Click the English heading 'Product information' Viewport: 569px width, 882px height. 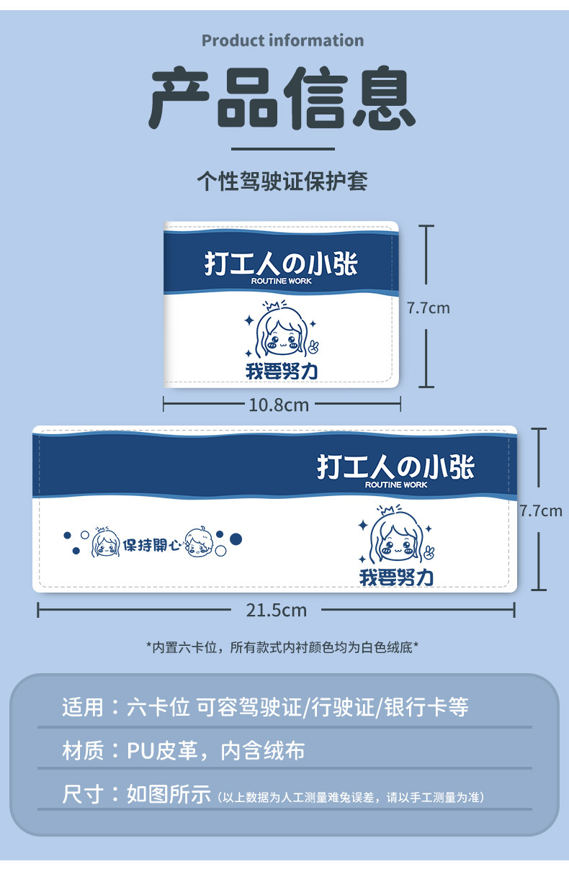283,40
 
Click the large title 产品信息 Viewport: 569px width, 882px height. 282,98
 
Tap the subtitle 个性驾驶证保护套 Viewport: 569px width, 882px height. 282,181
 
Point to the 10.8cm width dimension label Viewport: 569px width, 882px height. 279,405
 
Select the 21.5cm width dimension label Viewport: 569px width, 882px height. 277,611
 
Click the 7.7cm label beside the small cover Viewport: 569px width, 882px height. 428,308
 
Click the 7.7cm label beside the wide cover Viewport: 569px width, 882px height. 541,511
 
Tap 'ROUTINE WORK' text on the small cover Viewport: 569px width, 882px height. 281,281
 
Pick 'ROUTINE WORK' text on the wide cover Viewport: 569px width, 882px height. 395,485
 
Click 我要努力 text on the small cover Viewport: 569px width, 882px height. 282,371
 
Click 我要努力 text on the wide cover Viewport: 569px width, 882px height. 396,577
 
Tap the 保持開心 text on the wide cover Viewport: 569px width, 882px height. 151,545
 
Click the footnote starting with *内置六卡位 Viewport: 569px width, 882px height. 282,647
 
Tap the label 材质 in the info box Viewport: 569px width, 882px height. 83,750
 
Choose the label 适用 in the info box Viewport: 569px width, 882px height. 83,707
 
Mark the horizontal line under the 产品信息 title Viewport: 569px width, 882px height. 283,149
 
